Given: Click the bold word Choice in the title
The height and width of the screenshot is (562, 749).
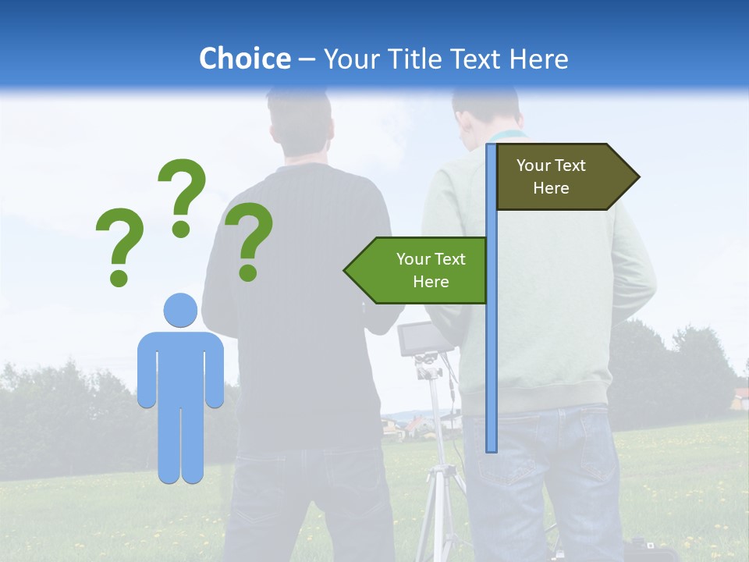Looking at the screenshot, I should point(244,59).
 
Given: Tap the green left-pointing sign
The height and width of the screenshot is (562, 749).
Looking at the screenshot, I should point(417,271).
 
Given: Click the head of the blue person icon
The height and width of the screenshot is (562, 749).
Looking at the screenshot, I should point(180,311).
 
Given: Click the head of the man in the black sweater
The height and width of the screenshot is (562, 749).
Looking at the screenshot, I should point(300,125).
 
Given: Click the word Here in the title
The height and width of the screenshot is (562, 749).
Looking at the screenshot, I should point(538,59).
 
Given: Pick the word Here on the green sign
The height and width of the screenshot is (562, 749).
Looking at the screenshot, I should point(431,282).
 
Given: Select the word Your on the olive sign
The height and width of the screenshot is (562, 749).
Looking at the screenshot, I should point(534,165).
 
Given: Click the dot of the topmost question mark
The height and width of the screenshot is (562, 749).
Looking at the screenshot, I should point(181,229).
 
